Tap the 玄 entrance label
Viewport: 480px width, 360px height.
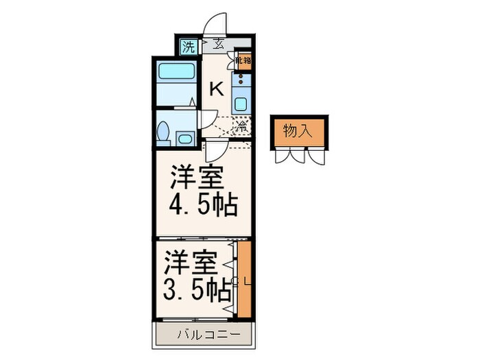(x=218, y=45)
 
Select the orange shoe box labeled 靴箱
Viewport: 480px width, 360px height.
(x=243, y=60)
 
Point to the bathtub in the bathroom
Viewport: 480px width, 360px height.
(x=176, y=73)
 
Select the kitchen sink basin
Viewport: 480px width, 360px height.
(x=242, y=105)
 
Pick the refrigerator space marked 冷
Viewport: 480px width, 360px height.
(x=241, y=127)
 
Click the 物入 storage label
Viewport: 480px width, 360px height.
(x=298, y=131)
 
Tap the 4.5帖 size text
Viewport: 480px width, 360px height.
(x=203, y=204)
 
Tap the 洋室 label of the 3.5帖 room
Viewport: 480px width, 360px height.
(x=191, y=263)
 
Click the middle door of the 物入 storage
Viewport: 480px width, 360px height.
(x=298, y=156)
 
